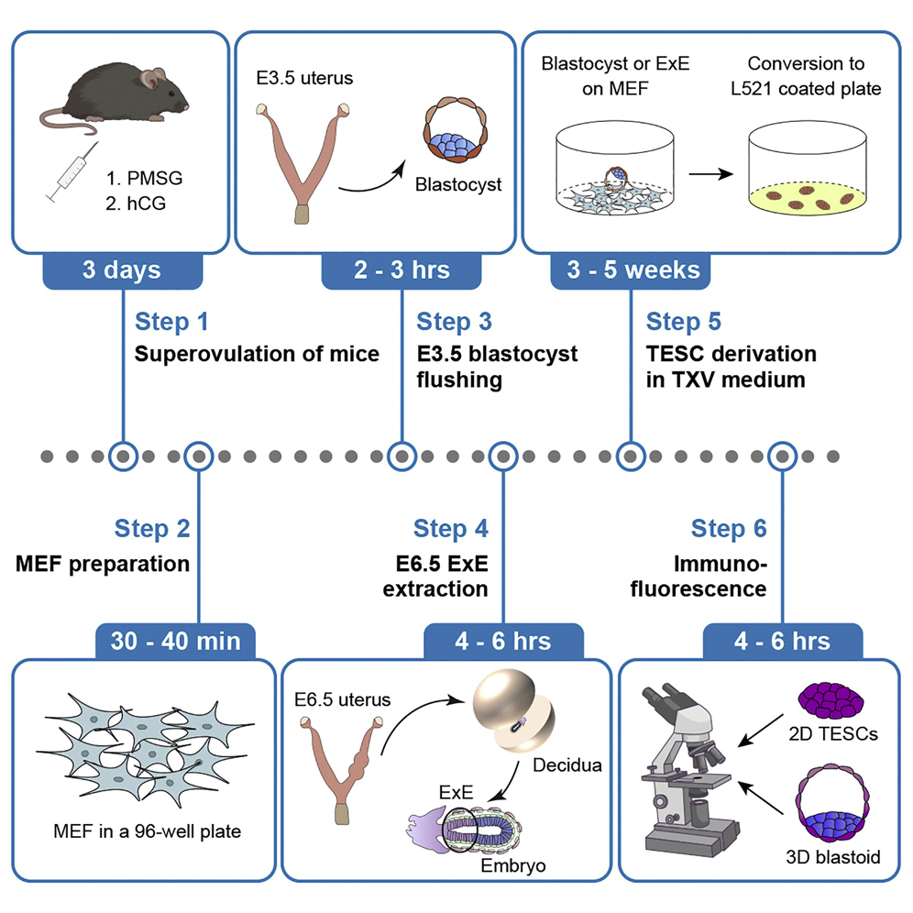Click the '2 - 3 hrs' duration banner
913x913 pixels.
401,270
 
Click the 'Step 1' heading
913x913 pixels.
171,322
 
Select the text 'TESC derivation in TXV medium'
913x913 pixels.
731,366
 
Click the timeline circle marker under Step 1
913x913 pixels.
123,455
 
